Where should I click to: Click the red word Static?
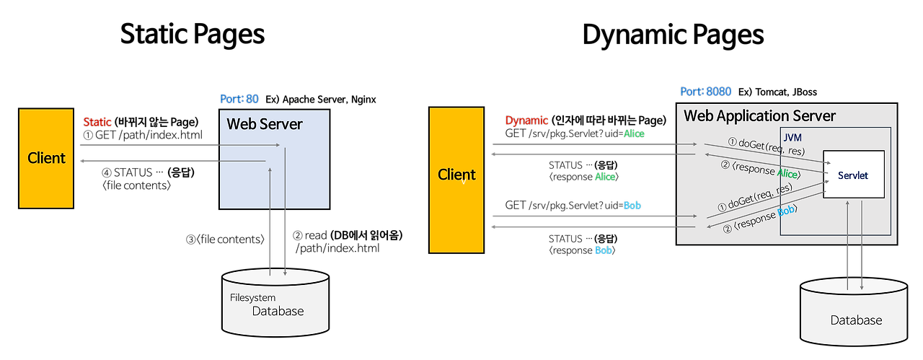pos(97,122)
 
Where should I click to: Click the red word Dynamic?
pos(526,120)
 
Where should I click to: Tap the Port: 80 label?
pos(239,99)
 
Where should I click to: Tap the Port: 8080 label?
pos(705,92)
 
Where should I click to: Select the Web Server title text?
pos(265,124)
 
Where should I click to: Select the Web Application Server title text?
pos(759,115)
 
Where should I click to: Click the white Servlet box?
pos(853,175)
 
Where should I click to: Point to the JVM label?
pos(792,137)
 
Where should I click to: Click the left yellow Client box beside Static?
pos(46,158)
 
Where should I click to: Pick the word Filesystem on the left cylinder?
pos(252,297)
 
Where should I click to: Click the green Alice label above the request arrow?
pos(634,133)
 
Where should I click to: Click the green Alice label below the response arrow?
pos(605,177)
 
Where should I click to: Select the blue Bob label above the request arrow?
pos(632,206)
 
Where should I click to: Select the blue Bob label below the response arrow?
pos(603,250)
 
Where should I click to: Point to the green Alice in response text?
pos(787,173)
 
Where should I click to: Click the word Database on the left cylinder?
pos(278,311)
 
